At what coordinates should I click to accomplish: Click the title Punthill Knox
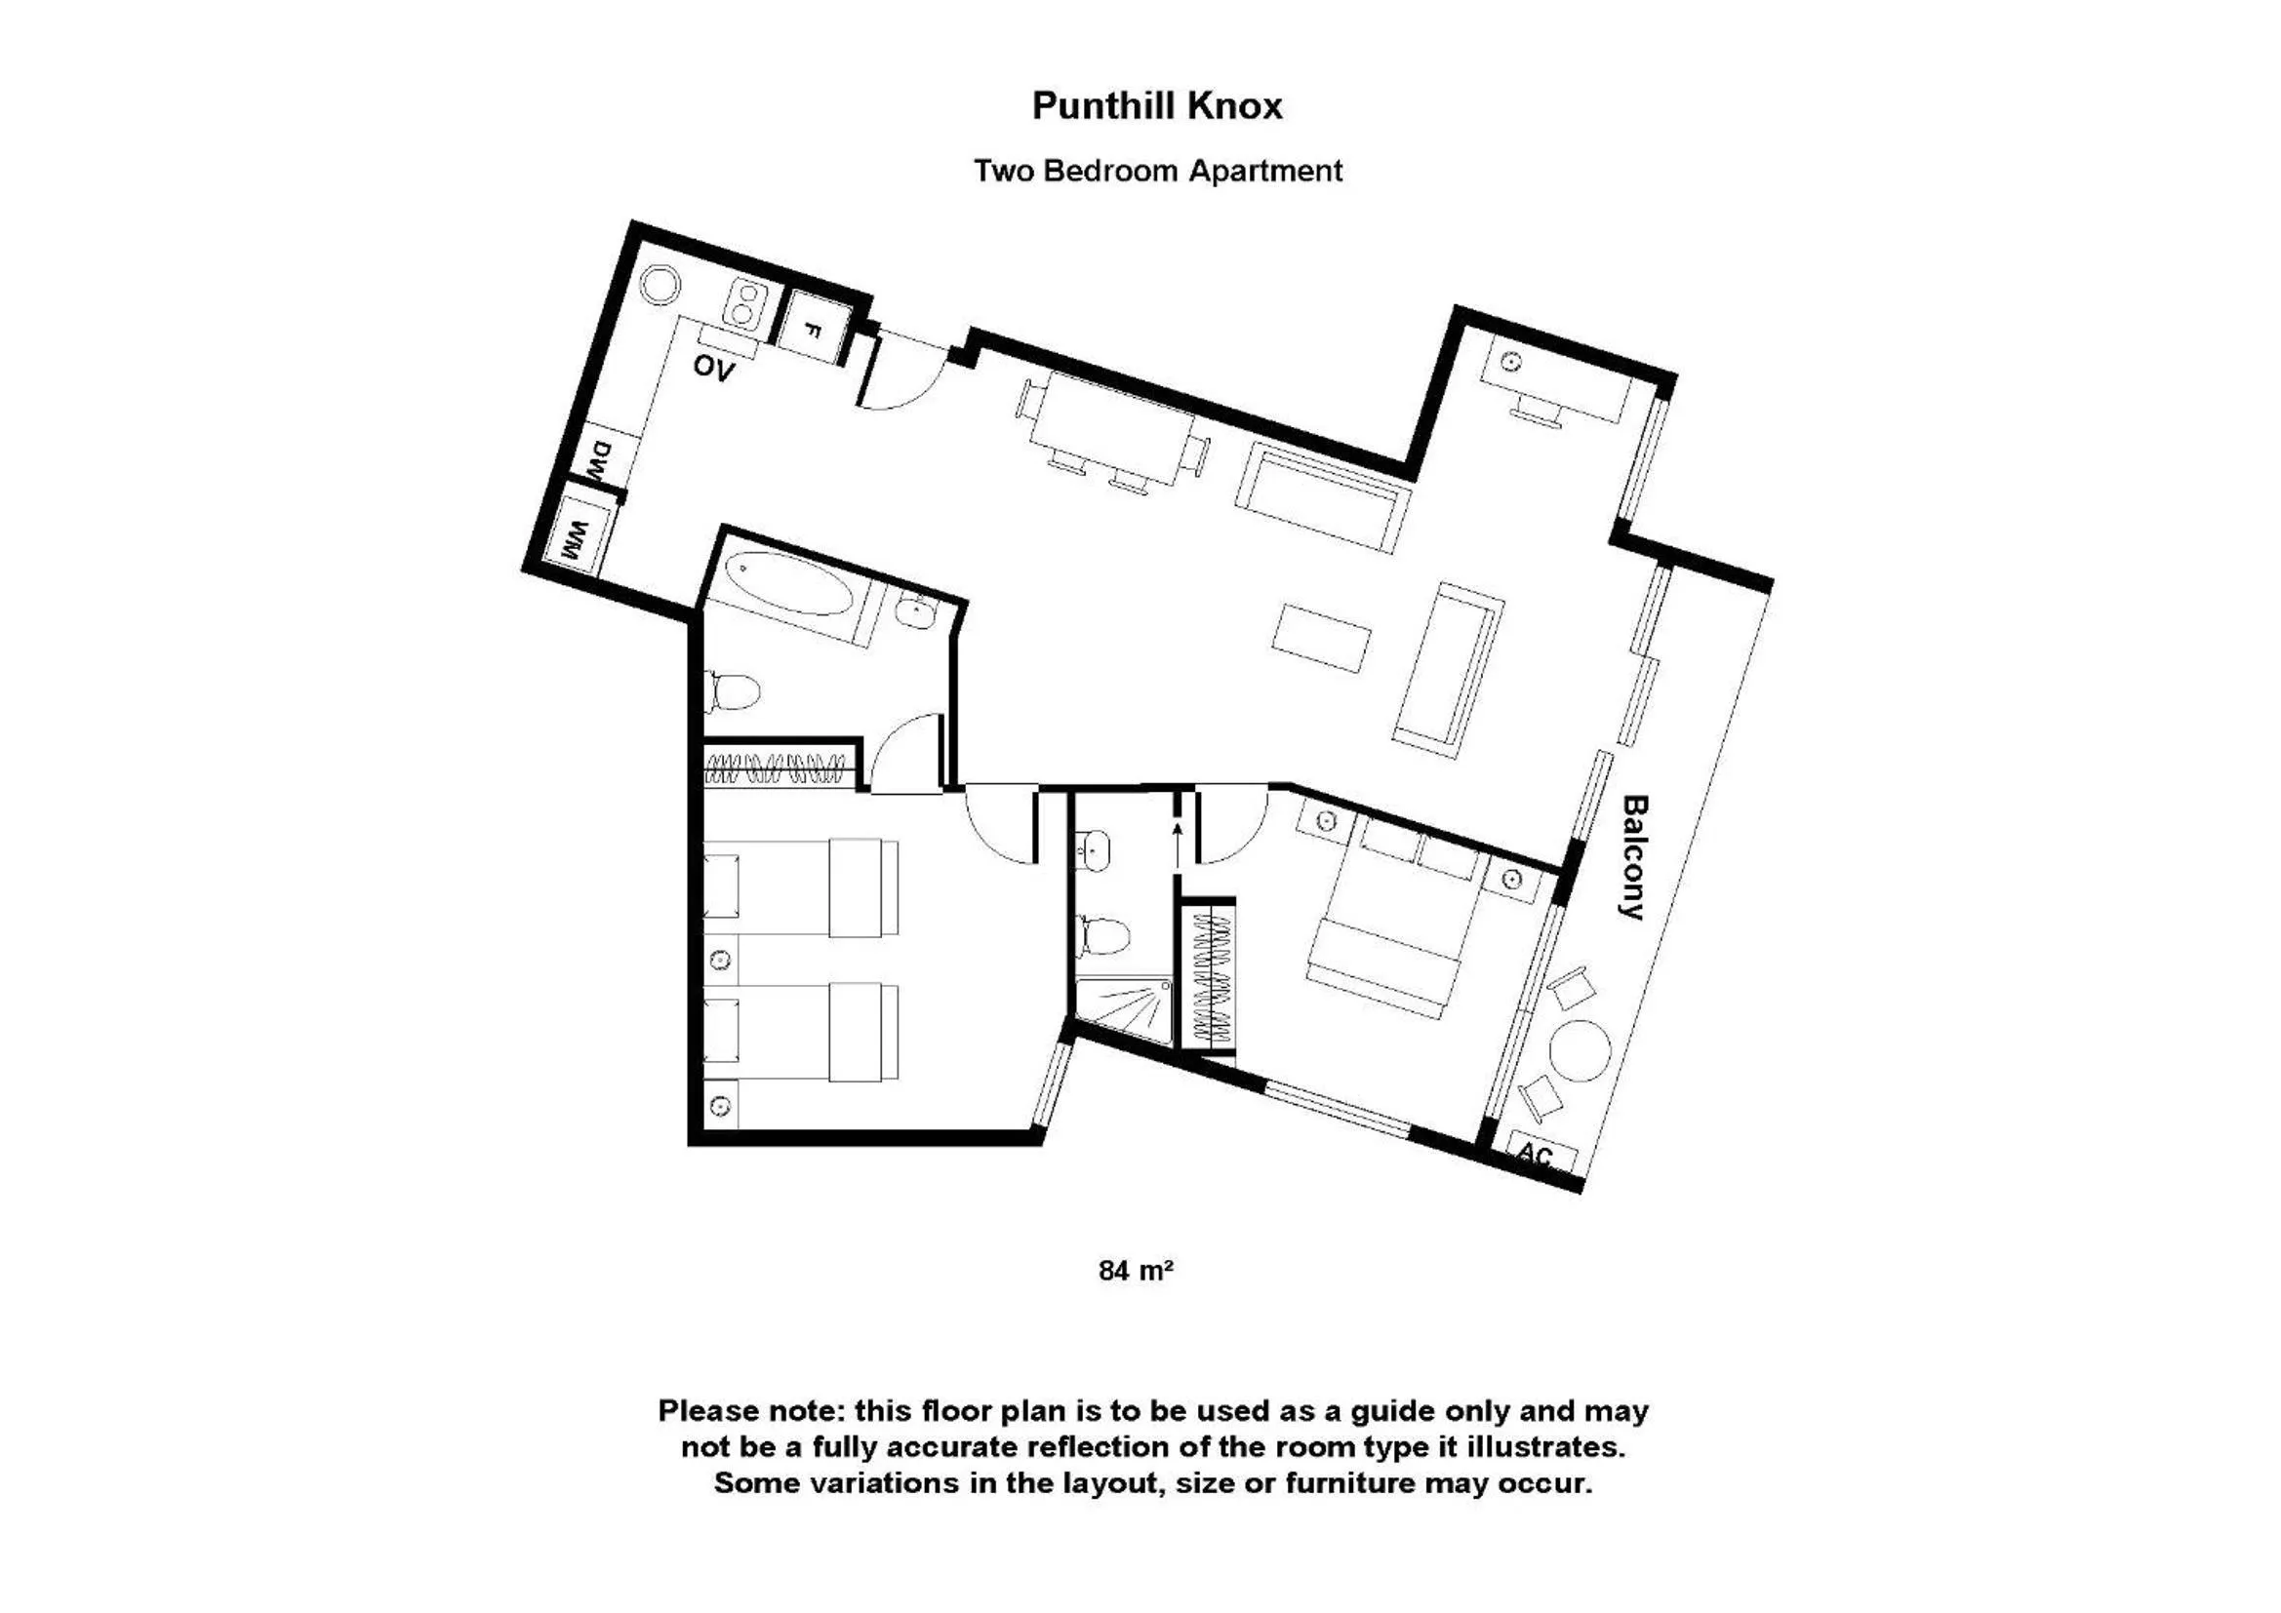point(1157,105)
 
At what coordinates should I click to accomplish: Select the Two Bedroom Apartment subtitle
point(1157,171)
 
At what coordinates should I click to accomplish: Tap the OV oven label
point(713,368)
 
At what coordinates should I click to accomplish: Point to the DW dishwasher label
point(600,462)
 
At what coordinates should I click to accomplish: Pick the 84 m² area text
point(1137,1271)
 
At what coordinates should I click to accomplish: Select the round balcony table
point(1580,1051)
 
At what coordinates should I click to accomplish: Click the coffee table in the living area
point(1322,638)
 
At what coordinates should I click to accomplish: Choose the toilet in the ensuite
point(1102,932)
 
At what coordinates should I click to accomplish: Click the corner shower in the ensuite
point(1124,1010)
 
